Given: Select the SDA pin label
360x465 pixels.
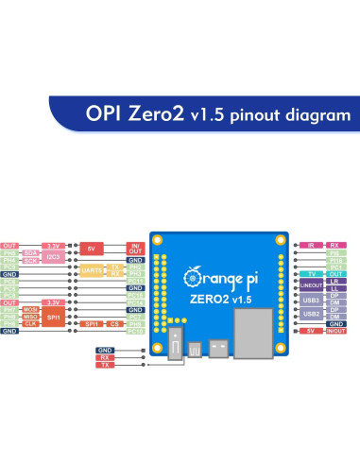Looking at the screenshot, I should [31, 253].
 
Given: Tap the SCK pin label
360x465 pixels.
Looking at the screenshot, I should [31, 260].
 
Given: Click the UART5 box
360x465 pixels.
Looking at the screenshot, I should [91, 270].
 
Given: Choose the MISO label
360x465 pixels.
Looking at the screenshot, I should [31, 316].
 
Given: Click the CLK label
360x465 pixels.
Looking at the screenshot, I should [31, 323].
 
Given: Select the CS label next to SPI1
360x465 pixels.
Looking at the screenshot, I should [114, 323].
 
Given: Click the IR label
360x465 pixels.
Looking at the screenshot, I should [313, 245].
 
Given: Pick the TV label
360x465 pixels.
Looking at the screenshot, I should [312, 274].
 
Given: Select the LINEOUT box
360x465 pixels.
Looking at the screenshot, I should [311, 284].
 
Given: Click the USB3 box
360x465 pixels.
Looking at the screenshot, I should [311, 299].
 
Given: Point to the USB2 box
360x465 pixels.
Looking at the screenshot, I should [311, 313].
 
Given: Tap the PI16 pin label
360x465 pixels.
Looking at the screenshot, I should [334, 260].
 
